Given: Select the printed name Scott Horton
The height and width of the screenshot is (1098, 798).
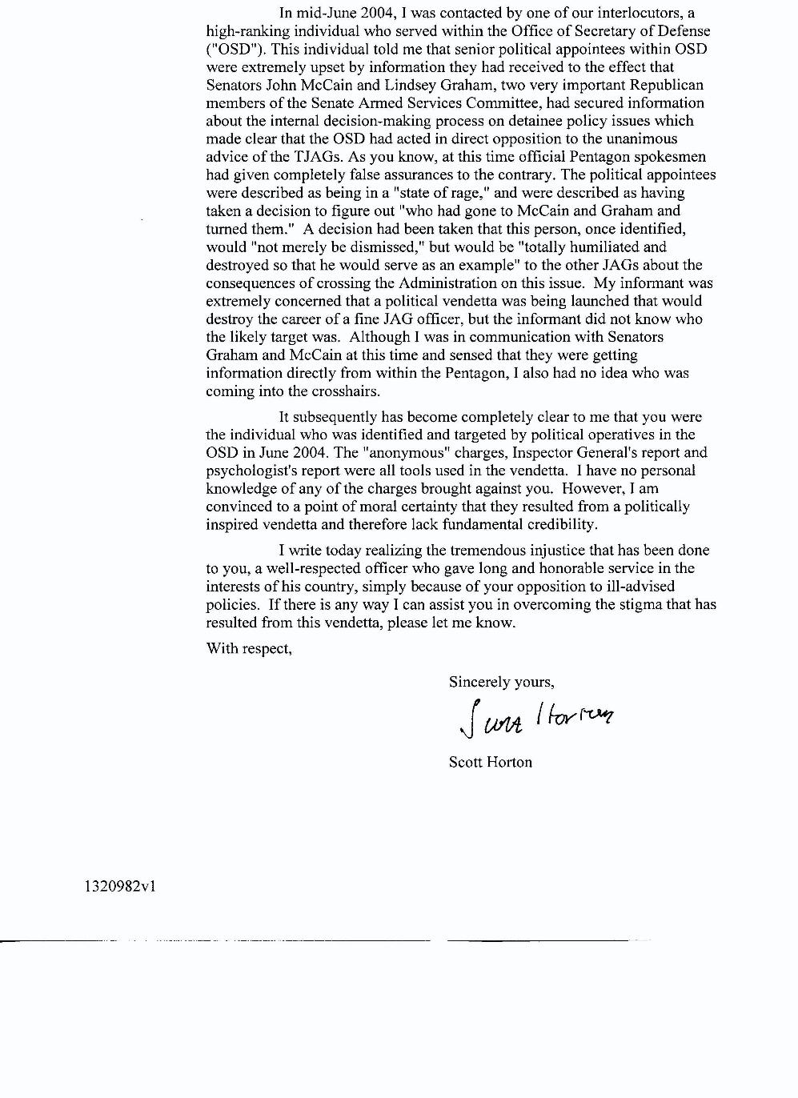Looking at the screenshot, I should (490, 762).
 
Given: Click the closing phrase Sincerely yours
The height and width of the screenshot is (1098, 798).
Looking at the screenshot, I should (501, 682).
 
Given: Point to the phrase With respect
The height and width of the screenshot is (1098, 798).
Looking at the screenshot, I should (249, 648).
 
